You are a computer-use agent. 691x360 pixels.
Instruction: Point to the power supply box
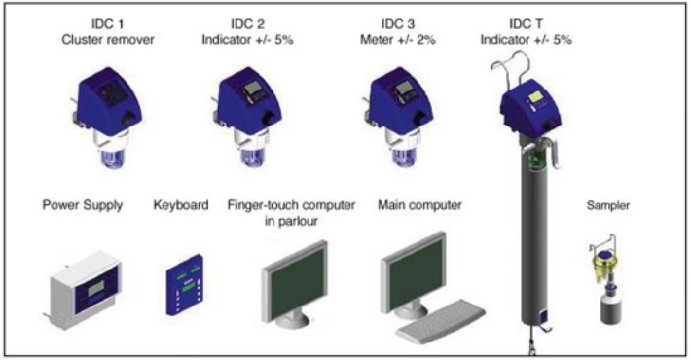(x=83, y=290)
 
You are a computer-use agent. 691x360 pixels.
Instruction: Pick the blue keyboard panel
(x=184, y=285)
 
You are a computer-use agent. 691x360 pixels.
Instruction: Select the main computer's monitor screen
(x=415, y=272)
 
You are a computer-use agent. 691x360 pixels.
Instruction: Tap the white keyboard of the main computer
(x=441, y=322)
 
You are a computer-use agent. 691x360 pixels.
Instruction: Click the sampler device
(x=607, y=279)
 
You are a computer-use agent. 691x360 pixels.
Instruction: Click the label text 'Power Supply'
(x=83, y=205)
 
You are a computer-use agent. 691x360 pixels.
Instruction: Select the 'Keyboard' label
(x=181, y=205)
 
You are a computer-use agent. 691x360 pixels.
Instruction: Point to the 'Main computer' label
(x=419, y=205)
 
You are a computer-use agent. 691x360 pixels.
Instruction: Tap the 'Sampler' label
(x=608, y=205)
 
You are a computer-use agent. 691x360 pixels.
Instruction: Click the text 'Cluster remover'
(x=108, y=40)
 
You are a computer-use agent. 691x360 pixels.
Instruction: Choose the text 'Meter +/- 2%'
(x=398, y=40)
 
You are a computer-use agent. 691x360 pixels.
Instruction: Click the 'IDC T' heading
(x=526, y=23)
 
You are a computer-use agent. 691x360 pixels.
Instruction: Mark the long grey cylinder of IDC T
(x=533, y=238)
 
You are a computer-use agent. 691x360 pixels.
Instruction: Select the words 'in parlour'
(x=291, y=221)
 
